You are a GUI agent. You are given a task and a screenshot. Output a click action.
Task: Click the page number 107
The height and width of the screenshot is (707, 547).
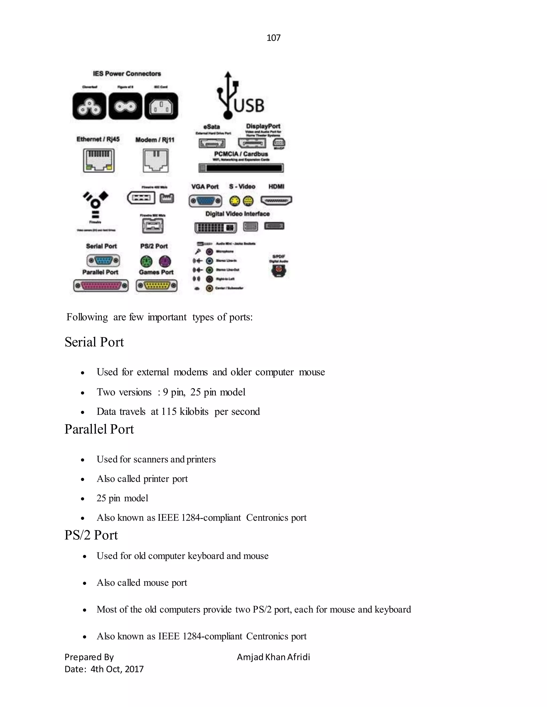[273, 38]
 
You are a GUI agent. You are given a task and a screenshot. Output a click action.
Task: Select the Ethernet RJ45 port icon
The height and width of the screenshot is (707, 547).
[99, 160]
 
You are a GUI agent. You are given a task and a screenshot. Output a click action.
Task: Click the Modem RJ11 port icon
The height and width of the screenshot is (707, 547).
[155, 161]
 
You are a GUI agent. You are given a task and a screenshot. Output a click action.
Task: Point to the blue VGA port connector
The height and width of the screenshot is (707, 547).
[205, 201]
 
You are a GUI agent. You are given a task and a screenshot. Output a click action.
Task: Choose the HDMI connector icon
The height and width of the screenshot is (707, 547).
[276, 201]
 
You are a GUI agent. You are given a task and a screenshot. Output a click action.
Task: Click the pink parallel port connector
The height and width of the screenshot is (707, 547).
[101, 286]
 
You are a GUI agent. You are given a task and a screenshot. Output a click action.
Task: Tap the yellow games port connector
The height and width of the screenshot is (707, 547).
[157, 285]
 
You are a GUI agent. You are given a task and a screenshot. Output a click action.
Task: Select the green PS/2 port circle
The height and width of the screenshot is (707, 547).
[146, 261]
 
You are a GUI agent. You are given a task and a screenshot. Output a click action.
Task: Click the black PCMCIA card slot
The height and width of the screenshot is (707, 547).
[241, 168]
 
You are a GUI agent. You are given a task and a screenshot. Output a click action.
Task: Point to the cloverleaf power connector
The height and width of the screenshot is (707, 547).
[89, 106]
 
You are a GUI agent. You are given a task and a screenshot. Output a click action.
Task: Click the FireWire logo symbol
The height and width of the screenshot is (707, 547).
[95, 204]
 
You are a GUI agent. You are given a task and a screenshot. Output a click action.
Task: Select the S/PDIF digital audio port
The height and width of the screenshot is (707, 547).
[279, 270]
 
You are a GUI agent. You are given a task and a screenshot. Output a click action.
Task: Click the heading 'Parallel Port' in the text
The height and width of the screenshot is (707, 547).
[99, 429]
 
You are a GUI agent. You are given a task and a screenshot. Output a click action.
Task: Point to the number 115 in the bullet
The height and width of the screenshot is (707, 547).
[169, 411]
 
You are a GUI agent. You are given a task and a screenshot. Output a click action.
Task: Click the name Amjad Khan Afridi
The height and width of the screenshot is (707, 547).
[273, 657]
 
